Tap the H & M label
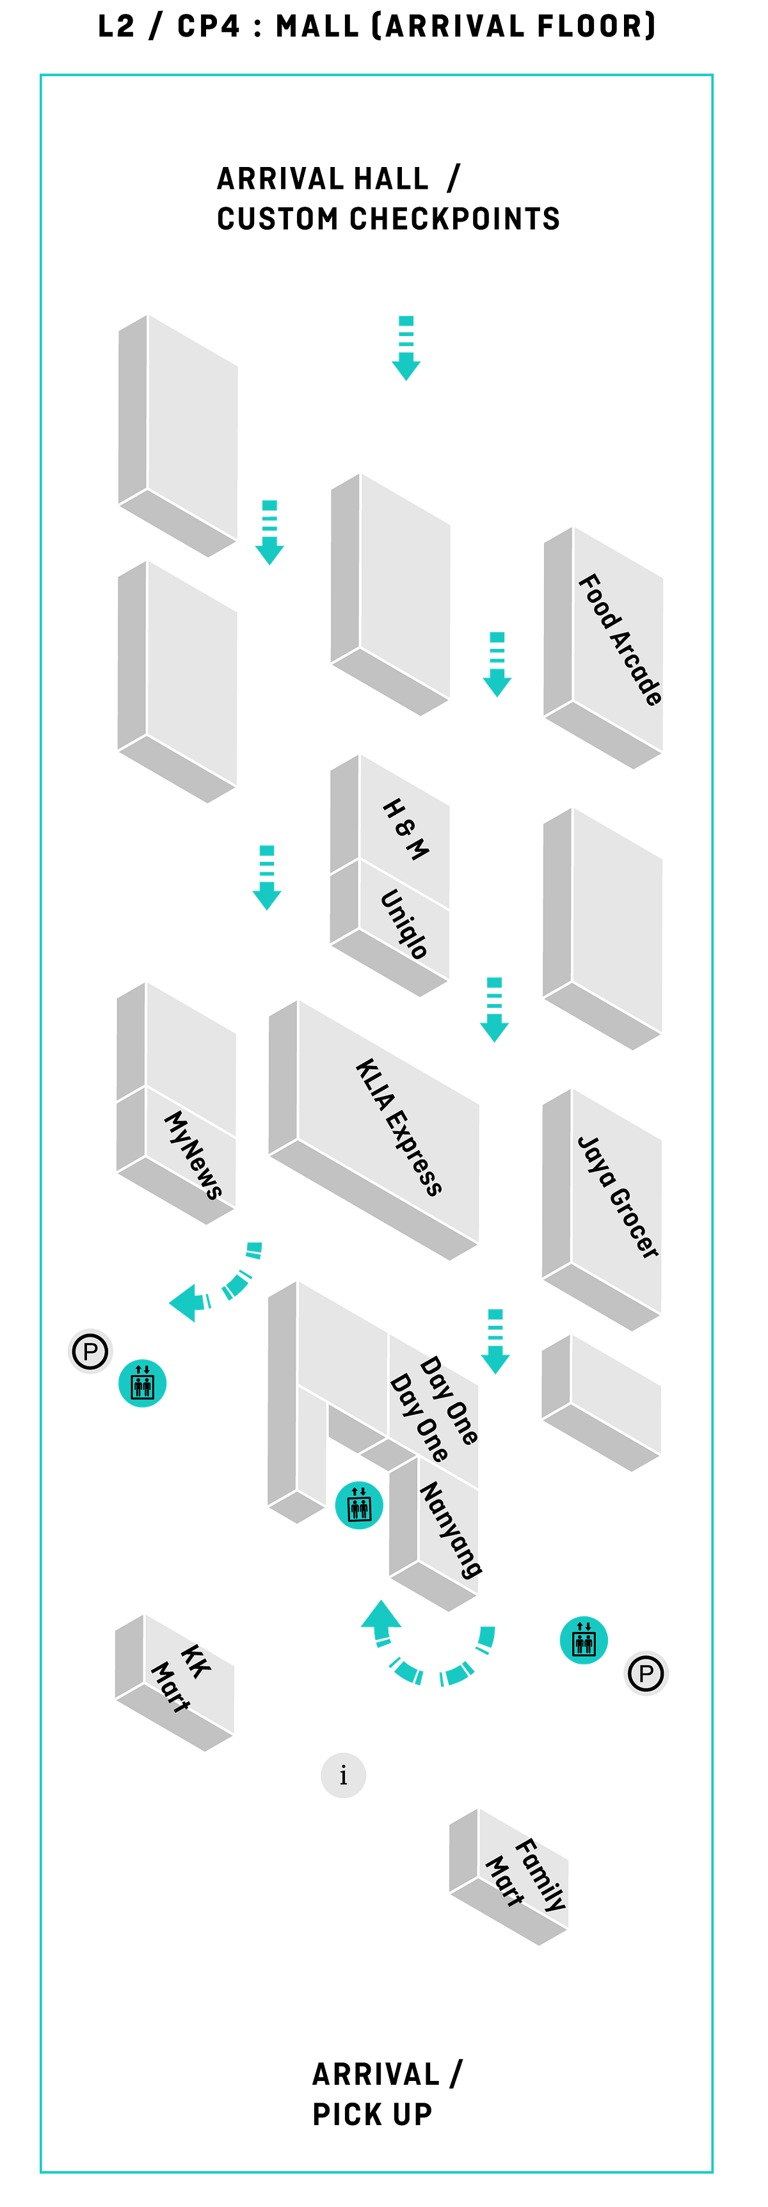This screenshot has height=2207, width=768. (x=405, y=829)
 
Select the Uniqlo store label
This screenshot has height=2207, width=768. (x=404, y=923)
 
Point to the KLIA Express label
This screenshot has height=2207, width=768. (x=399, y=1127)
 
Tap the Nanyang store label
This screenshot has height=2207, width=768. (x=451, y=1529)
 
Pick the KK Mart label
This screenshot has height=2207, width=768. (x=180, y=1678)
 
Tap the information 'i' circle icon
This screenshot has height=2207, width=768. (x=343, y=1774)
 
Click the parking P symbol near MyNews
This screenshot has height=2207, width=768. (x=90, y=1351)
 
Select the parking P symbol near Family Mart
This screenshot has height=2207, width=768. (x=646, y=1673)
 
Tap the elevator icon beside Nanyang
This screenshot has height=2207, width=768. (x=359, y=1504)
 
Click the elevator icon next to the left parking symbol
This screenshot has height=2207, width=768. (x=142, y=1383)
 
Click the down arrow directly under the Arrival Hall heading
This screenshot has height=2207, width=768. (x=406, y=348)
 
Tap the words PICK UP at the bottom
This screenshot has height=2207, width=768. (x=372, y=2114)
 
